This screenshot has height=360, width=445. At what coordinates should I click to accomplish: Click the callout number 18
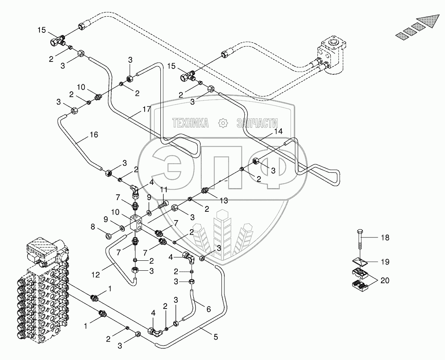[385, 238]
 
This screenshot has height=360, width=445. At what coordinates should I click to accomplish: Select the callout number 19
[385, 262]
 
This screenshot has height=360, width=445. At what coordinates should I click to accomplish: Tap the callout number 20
[385, 281]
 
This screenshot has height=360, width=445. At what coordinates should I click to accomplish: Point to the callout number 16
[93, 135]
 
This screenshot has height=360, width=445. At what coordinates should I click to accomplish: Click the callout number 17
[146, 109]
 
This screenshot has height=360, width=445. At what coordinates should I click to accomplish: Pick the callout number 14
[278, 131]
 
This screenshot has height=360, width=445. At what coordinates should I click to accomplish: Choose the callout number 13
[224, 201]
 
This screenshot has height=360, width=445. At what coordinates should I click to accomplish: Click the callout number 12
[96, 274]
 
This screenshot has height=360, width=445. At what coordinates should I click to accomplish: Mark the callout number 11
[164, 190]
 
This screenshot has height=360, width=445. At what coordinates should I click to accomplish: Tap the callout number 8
[93, 227]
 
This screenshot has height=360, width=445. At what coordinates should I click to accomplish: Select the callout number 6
[209, 309]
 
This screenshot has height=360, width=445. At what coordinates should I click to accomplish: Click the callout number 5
[216, 337]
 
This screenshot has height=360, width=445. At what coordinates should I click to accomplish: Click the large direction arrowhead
[430, 21]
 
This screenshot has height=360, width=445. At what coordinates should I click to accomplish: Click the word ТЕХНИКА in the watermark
[191, 123]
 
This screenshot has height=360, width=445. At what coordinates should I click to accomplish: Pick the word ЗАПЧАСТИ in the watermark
[257, 123]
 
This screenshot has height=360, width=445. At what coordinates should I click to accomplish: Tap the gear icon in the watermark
[223, 123]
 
